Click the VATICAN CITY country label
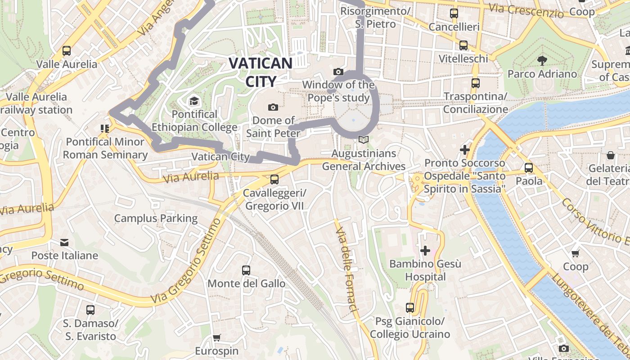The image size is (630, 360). click(261, 72)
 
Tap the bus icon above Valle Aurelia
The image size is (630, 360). click(67, 51)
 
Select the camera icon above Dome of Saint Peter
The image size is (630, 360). click(273, 107)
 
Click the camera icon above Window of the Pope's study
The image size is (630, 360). click(338, 72)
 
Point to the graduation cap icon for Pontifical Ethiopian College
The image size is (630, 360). click(194, 101)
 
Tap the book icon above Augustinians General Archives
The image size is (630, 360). click(364, 140)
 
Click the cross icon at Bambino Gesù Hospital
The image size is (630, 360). click(425, 250)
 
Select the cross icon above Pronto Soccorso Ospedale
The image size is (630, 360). click(465, 149)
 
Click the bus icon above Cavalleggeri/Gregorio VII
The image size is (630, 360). click(274, 180)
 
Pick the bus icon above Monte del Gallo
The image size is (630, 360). click(246, 270)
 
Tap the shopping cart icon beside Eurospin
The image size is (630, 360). click(216, 337)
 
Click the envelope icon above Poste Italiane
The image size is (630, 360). click(64, 243)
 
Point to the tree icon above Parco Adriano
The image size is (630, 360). click(542, 60)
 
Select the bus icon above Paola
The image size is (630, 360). click(529, 168)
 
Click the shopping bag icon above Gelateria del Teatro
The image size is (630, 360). click(611, 155)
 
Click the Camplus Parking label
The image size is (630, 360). click(156, 219)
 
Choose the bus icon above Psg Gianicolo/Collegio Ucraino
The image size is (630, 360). click(410, 308)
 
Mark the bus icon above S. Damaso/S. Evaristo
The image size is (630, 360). click(90, 310)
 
